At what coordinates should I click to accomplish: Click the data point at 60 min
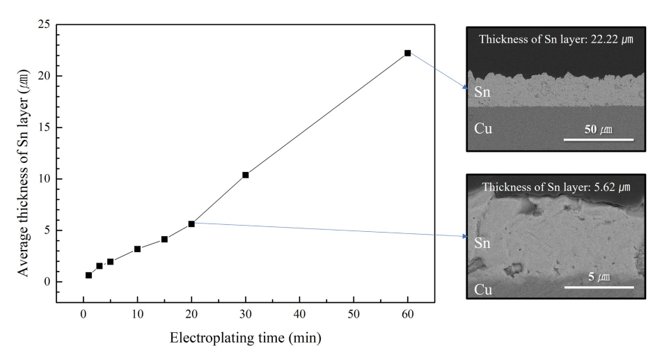click(x=407, y=53)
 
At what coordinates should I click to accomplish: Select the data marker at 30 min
click(x=245, y=175)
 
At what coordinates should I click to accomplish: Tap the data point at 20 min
click(x=191, y=224)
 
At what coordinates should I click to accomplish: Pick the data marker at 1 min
click(x=88, y=275)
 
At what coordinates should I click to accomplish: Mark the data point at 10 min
click(x=137, y=249)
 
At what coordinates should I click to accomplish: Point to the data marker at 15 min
click(x=164, y=239)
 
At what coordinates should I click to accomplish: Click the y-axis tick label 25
click(x=44, y=24)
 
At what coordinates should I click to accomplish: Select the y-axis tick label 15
click(x=44, y=127)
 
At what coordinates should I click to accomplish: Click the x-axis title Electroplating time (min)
click(x=246, y=339)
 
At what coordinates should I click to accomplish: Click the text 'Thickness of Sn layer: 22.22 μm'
click(x=555, y=39)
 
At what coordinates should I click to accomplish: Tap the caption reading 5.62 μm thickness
click(x=555, y=187)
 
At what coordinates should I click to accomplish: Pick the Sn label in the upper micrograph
click(x=482, y=92)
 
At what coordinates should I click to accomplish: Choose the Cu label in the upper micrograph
click(x=483, y=128)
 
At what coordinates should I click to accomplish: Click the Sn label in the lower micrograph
click(x=482, y=242)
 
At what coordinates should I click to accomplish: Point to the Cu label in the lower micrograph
click(x=483, y=288)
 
